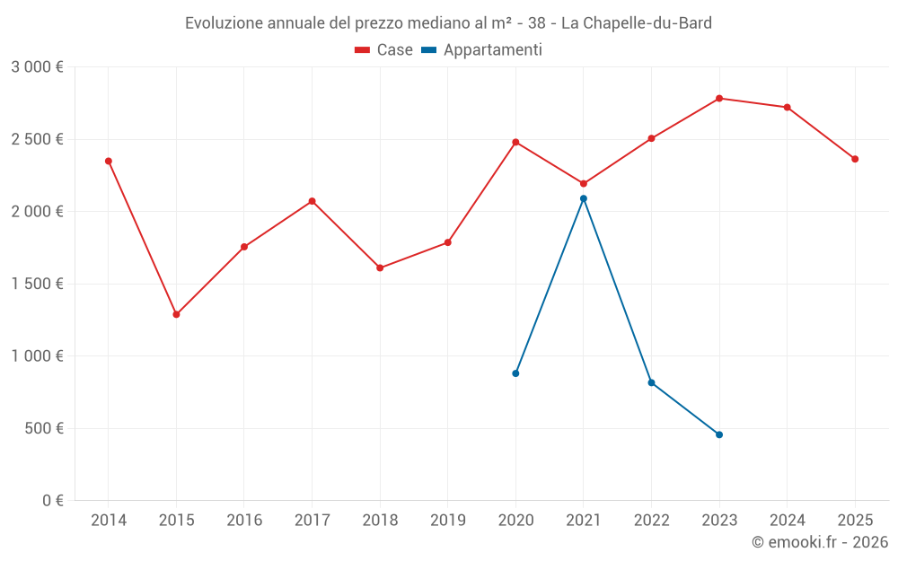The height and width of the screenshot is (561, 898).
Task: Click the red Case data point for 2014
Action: click(x=109, y=161)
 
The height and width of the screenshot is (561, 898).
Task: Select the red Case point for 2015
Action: click(x=176, y=314)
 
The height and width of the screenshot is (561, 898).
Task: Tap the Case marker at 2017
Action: click(x=312, y=201)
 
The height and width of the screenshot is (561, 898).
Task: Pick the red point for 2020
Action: click(x=515, y=142)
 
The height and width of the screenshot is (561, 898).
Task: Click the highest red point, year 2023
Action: click(x=719, y=98)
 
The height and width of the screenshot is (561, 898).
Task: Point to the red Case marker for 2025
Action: click(x=855, y=159)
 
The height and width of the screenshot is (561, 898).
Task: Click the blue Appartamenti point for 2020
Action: click(x=515, y=373)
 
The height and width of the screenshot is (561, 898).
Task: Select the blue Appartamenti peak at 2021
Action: click(x=584, y=198)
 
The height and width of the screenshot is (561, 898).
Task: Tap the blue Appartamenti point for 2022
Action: click(x=651, y=382)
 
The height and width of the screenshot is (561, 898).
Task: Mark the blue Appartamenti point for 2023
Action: click(x=719, y=434)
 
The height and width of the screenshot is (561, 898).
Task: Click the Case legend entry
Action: click(x=384, y=50)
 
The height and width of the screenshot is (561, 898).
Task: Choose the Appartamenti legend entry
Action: click(x=482, y=50)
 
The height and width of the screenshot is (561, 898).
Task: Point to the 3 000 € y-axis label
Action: click(x=37, y=67)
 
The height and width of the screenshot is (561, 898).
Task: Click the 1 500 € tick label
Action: click(x=37, y=284)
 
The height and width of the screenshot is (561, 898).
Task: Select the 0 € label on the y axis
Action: click(x=52, y=500)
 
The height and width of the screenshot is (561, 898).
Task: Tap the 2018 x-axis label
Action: click(x=380, y=520)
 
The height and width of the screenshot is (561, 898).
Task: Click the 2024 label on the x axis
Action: click(x=788, y=520)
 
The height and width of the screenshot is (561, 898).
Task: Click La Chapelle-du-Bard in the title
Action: click(x=636, y=23)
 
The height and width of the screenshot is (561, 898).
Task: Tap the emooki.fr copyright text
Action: click(x=819, y=542)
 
